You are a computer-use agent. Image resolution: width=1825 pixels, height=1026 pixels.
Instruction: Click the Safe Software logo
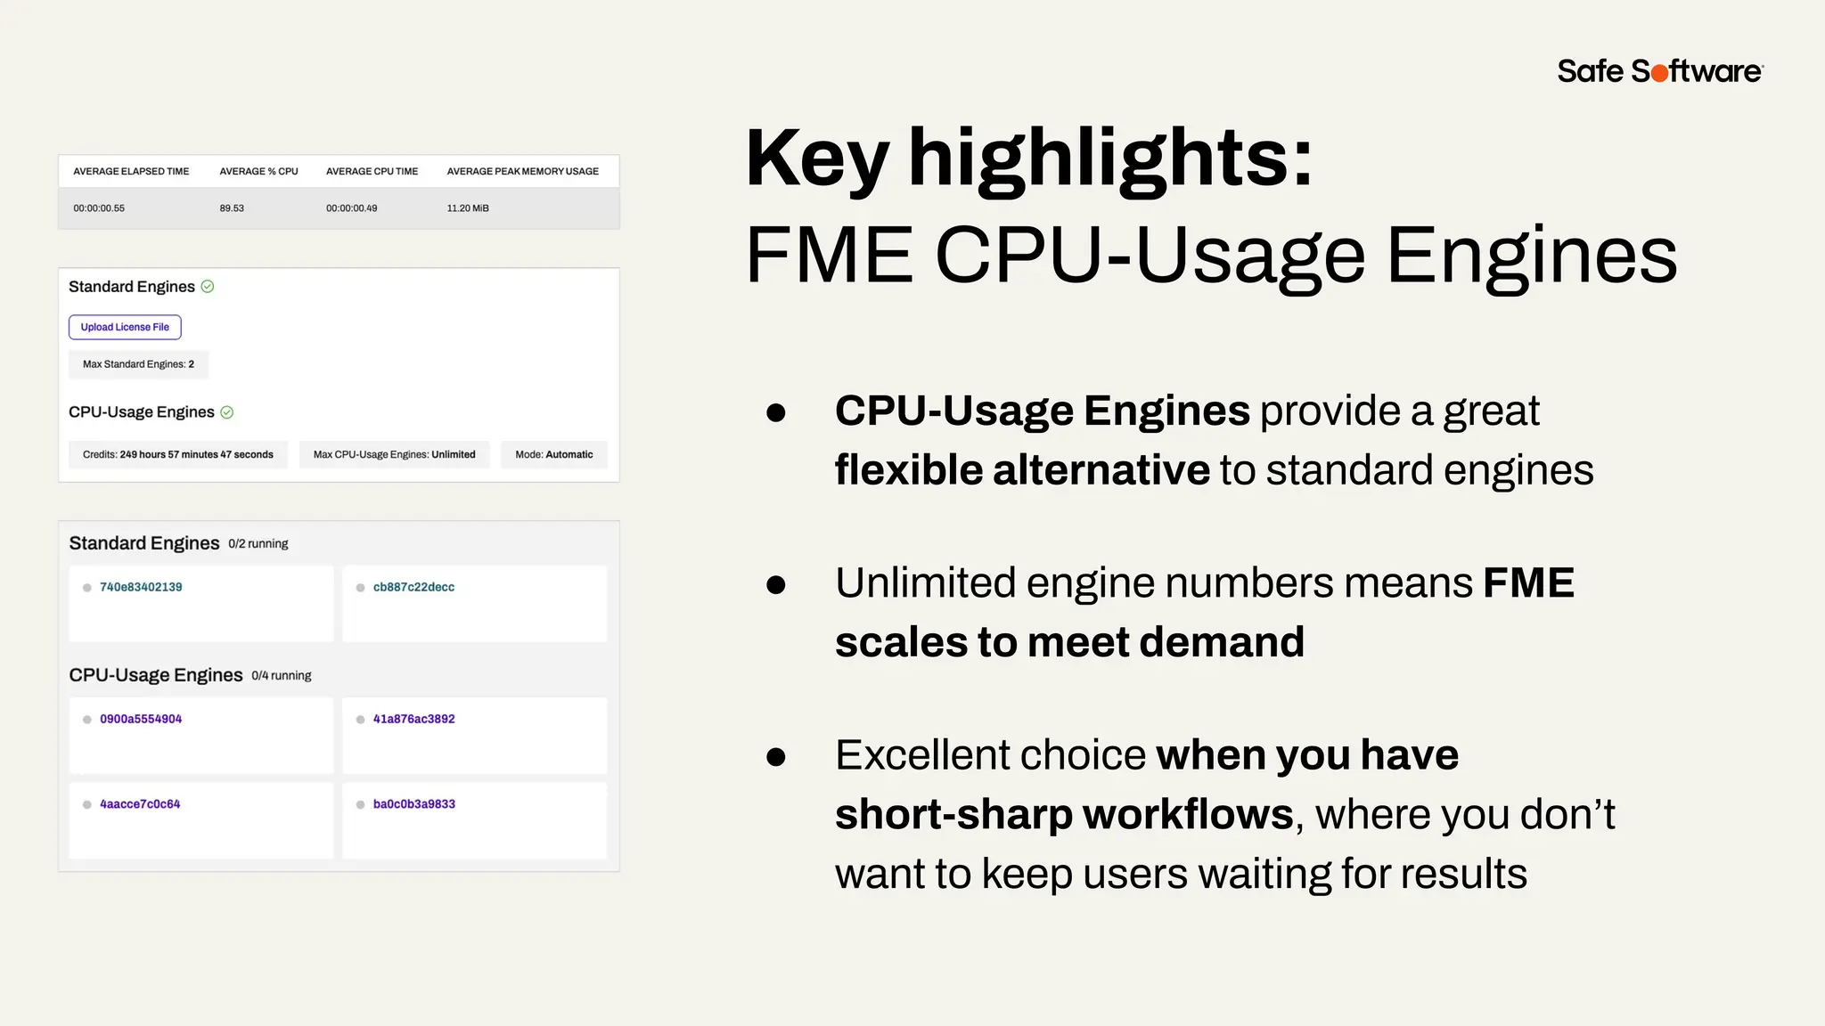coord(1659,71)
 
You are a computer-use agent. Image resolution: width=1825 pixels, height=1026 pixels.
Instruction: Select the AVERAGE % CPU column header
coord(258,171)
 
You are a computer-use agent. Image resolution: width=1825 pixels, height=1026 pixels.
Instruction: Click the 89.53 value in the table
coord(232,208)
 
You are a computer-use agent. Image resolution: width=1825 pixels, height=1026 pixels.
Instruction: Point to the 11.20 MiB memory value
coord(468,208)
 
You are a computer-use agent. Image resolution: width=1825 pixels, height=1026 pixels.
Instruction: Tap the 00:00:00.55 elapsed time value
coord(99,208)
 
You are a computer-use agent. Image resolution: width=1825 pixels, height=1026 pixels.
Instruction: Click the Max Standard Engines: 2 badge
coord(138,364)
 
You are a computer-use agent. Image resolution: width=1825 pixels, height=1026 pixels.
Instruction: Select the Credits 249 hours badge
coord(178,454)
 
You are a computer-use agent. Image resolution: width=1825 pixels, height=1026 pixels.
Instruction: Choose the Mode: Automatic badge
coord(553,454)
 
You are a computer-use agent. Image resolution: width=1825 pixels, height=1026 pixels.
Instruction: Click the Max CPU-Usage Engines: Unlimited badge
coord(394,454)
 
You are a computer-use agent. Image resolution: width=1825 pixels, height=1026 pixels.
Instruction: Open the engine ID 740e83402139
coord(141,587)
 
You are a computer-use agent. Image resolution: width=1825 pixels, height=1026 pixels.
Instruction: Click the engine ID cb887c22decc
coord(413,587)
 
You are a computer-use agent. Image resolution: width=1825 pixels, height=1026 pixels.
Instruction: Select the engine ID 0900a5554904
coord(141,719)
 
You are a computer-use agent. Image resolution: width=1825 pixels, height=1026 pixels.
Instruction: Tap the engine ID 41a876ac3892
coord(413,719)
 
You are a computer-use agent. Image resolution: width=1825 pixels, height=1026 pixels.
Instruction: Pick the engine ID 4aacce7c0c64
coord(140,804)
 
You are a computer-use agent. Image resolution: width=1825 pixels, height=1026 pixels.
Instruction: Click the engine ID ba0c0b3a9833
coord(413,804)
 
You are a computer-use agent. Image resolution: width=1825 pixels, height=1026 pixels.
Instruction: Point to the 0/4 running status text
coord(282,676)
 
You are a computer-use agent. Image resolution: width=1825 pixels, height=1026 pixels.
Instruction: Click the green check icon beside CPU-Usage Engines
coord(227,412)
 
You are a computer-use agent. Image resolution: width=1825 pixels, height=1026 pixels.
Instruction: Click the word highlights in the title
coord(1109,159)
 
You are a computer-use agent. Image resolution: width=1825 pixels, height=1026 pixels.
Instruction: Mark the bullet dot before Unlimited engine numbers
coord(776,584)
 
